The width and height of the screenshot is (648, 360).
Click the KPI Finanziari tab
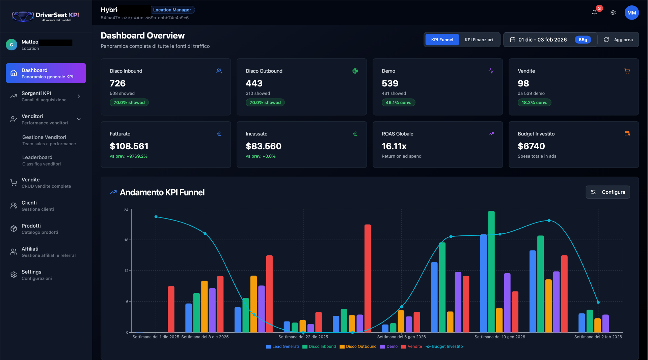click(x=479, y=40)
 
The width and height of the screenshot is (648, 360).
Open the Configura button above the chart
click(x=607, y=192)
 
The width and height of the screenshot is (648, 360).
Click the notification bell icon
click(x=594, y=13)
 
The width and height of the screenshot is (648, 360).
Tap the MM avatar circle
click(x=631, y=13)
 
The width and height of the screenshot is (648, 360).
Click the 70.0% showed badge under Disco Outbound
click(x=265, y=103)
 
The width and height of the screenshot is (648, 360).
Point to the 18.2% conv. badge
click(x=534, y=103)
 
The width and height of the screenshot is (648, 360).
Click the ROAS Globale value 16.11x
click(x=394, y=146)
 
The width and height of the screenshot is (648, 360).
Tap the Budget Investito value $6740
click(x=531, y=146)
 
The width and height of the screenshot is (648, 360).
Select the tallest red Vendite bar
click(x=368, y=278)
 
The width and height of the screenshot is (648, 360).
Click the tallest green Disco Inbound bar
click(x=491, y=272)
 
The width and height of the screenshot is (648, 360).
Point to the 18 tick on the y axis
click(x=126, y=240)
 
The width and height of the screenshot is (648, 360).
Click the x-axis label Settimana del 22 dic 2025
click(x=303, y=337)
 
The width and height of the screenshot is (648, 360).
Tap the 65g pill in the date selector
click(x=583, y=40)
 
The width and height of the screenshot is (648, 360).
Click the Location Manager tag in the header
click(x=172, y=10)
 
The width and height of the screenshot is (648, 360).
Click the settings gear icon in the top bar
click(x=613, y=13)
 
